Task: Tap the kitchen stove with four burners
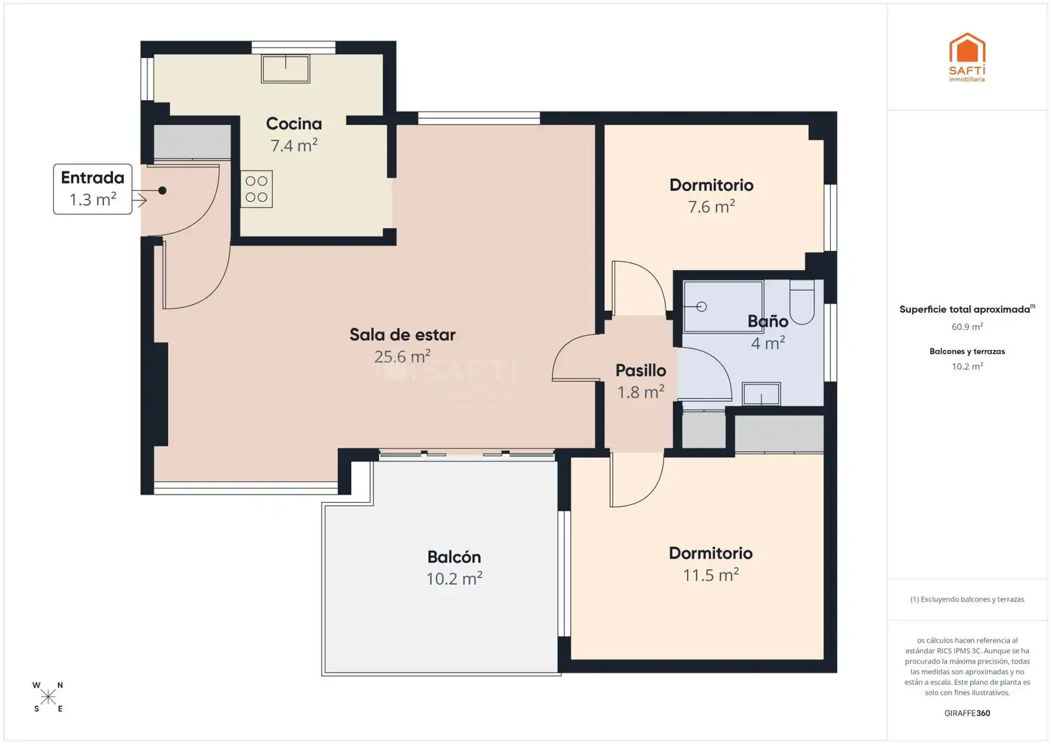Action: coord(256,189)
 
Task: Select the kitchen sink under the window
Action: coord(285,69)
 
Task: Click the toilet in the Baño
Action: coord(802,302)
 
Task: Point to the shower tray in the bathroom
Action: coord(723,307)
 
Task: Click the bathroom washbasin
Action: coord(761,393)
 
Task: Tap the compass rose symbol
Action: coord(48,697)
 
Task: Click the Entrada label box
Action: coord(92,189)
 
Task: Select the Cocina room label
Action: coord(294,123)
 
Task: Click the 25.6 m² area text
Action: coord(402,357)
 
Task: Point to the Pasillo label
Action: coord(641,370)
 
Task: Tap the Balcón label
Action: coord(454,557)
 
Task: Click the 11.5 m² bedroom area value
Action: coord(710,575)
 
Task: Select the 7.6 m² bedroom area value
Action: coord(712,206)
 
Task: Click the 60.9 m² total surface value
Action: coord(967,327)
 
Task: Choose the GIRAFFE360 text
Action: coord(967,713)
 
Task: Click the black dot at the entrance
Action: coord(162,190)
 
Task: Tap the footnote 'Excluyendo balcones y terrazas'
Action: coord(967,599)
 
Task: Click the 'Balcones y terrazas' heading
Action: coord(967,351)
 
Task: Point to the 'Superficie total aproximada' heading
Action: coord(967,309)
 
